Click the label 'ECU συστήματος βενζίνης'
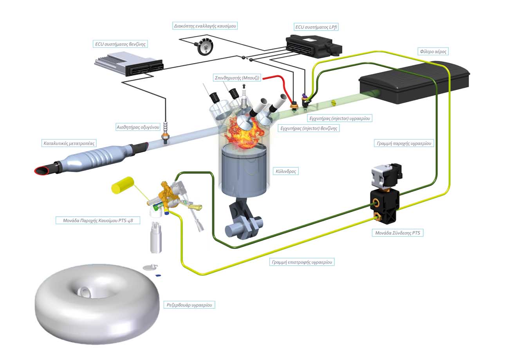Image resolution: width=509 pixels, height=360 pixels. (120, 44)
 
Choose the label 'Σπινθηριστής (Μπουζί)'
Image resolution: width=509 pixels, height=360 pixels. (236, 78)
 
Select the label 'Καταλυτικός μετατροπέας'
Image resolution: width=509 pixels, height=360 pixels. (69, 143)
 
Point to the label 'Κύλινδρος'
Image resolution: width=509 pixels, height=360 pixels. (285, 171)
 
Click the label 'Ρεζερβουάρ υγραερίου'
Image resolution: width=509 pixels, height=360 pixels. (189, 305)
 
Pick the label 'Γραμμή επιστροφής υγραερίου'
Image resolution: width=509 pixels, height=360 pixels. (302, 262)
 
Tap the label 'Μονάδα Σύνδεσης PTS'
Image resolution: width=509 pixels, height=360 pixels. (397, 233)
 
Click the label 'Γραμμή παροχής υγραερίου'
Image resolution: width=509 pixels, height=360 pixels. (404, 143)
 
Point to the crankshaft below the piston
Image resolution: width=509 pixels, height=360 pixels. (243, 225)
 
